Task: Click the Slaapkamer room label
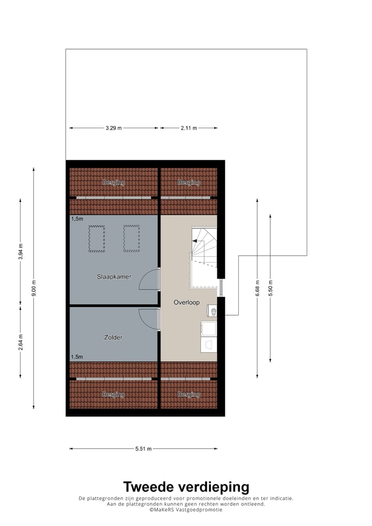click(x=114, y=276)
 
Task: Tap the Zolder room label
click(x=113, y=337)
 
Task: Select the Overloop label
click(x=186, y=302)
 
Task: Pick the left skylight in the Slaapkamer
click(x=97, y=238)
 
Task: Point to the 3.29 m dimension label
click(x=113, y=128)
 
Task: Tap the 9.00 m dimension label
click(x=34, y=288)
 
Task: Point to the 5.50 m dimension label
click(x=270, y=287)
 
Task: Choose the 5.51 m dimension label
click(x=143, y=449)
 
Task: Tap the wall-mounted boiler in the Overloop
click(x=211, y=311)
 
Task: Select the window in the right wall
click(x=221, y=287)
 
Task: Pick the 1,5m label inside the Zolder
click(x=76, y=357)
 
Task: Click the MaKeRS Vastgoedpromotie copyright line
click(x=186, y=510)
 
